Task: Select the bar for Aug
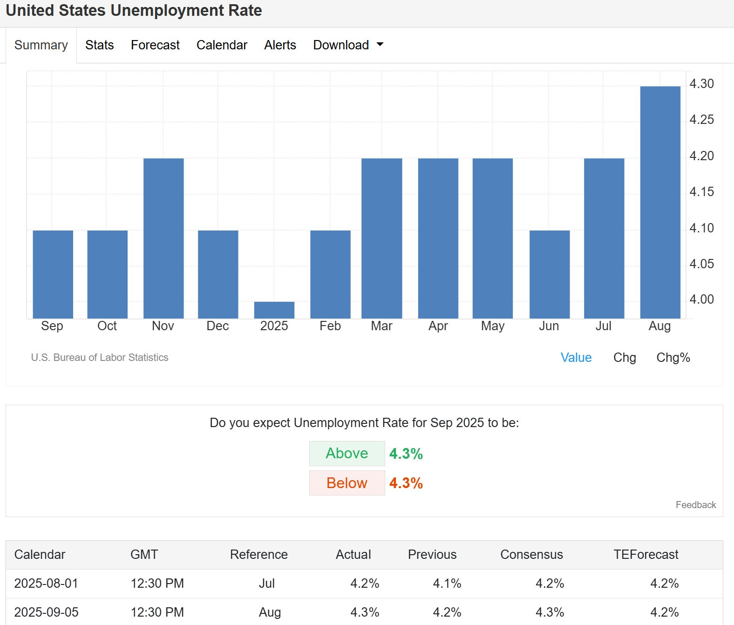pos(660,202)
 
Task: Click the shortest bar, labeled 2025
pos(274,310)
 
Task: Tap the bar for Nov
pos(163,238)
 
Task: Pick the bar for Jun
pos(550,274)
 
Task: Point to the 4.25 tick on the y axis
pos(701,120)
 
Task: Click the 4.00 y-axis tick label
pos(701,299)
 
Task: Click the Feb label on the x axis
pos(330,326)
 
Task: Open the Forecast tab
pos(155,45)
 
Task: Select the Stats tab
pos(99,45)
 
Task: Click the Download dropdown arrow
pos(380,44)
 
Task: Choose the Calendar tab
pos(222,45)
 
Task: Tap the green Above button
pos(347,454)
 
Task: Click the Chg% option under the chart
pos(673,358)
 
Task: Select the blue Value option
pos(576,358)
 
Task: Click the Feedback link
pos(696,505)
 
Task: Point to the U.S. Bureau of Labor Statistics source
pos(99,358)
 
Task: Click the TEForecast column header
pos(646,555)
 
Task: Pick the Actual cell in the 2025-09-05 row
pos(365,612)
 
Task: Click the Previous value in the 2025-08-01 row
pos(447,584)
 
